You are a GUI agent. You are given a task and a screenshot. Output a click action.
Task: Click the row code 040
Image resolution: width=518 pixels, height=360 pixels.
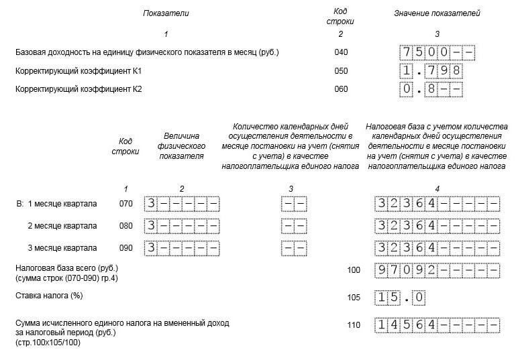(341, 52)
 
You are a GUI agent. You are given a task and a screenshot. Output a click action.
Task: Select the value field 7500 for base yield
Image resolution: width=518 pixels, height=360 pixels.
(437, 52)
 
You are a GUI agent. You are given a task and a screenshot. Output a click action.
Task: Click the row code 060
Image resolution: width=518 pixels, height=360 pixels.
(341, 88)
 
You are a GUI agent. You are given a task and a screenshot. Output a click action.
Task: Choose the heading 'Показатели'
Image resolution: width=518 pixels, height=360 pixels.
(166, 13)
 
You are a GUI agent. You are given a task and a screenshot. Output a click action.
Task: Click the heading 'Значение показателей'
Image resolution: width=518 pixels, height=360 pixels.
(437, 13)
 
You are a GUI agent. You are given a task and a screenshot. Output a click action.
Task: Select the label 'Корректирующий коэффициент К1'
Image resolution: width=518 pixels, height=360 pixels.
(79, 70)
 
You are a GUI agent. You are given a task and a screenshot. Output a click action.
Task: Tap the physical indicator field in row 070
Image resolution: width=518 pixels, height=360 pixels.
(182, 204)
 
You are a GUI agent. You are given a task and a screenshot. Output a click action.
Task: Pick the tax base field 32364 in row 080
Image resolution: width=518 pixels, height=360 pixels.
(437, 226)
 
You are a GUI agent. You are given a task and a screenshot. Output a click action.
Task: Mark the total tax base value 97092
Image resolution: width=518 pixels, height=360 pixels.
(437, 271)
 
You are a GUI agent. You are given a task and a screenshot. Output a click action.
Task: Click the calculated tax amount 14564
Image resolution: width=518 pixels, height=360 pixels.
(437, 325)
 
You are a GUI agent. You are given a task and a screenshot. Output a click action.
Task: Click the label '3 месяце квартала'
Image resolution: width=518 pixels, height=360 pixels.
(62, 248)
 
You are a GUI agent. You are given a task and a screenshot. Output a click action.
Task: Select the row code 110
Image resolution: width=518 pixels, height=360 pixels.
(354, 325)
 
